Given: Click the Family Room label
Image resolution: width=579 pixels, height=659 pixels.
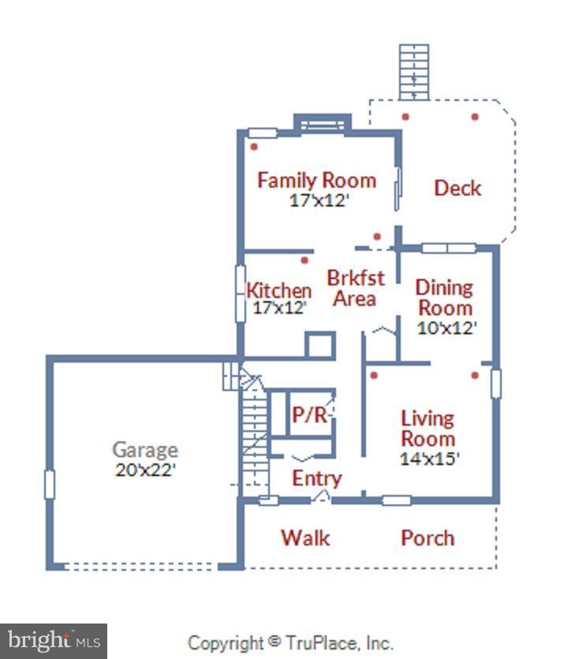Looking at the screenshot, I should click(316, 181).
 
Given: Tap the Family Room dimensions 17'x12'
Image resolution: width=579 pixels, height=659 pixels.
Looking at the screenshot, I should click(319, 200).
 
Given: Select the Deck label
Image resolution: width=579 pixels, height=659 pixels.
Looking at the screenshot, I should click(458, 188).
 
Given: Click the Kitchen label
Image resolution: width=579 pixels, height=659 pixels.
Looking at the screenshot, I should click(278, 289).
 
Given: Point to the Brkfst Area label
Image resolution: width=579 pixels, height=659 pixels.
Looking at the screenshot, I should click(355, 288).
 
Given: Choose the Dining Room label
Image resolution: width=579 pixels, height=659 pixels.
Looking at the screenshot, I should click(445, 297).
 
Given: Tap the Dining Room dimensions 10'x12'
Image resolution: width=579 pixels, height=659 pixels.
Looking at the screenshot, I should click(447, 327).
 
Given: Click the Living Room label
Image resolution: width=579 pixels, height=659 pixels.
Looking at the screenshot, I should click(428, 428).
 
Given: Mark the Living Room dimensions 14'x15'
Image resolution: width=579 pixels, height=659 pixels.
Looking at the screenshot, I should click(430, 458).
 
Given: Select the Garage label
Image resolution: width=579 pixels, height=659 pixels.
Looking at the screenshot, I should click(145, 450).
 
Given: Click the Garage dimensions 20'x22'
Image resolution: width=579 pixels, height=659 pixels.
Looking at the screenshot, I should click(145, 470).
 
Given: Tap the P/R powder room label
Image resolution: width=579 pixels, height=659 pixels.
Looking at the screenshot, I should click(309, 415).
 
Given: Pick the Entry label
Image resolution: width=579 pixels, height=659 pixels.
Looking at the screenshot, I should click(316, 478).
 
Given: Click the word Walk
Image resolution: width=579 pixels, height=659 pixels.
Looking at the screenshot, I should click(305, 538).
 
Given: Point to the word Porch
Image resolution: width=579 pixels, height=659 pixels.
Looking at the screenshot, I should click(428, 538).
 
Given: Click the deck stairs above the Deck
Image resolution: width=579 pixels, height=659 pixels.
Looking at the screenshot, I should click(414, 72).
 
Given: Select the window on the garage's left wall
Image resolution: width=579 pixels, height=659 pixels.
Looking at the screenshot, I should click(50, 484).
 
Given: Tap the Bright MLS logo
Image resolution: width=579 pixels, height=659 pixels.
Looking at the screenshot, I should click(53, 640).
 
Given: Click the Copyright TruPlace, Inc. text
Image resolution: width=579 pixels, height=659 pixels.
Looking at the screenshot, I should click(290, 643).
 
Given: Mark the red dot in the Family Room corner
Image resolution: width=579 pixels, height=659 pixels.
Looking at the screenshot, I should click(254, 147).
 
